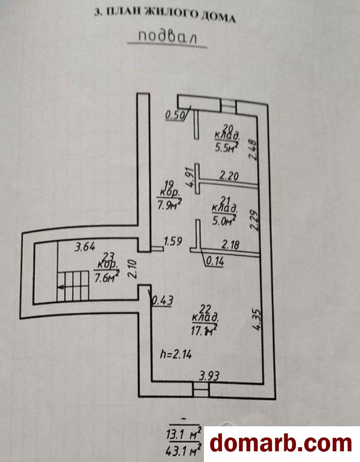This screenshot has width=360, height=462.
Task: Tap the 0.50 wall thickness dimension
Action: [174, 115]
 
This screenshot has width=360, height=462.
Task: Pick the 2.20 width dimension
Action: [229, 176]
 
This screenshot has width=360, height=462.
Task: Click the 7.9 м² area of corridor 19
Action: [171, 206]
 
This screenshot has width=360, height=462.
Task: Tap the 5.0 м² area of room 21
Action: [223, 219]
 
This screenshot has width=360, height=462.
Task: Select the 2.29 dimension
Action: [253, 220]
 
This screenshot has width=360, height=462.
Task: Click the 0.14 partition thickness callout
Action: [216, 262]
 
